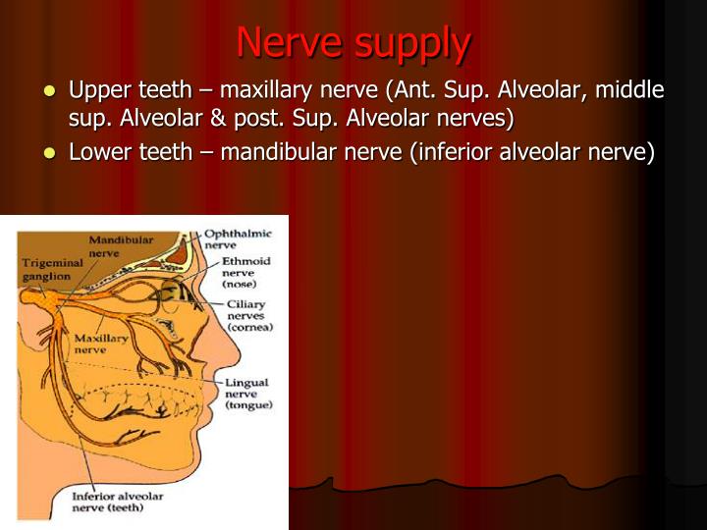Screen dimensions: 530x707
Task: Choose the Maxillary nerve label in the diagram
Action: pyautogui.click(x=101, y=344)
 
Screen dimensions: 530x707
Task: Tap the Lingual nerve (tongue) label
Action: pyautogui.click(x=247, y=393)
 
